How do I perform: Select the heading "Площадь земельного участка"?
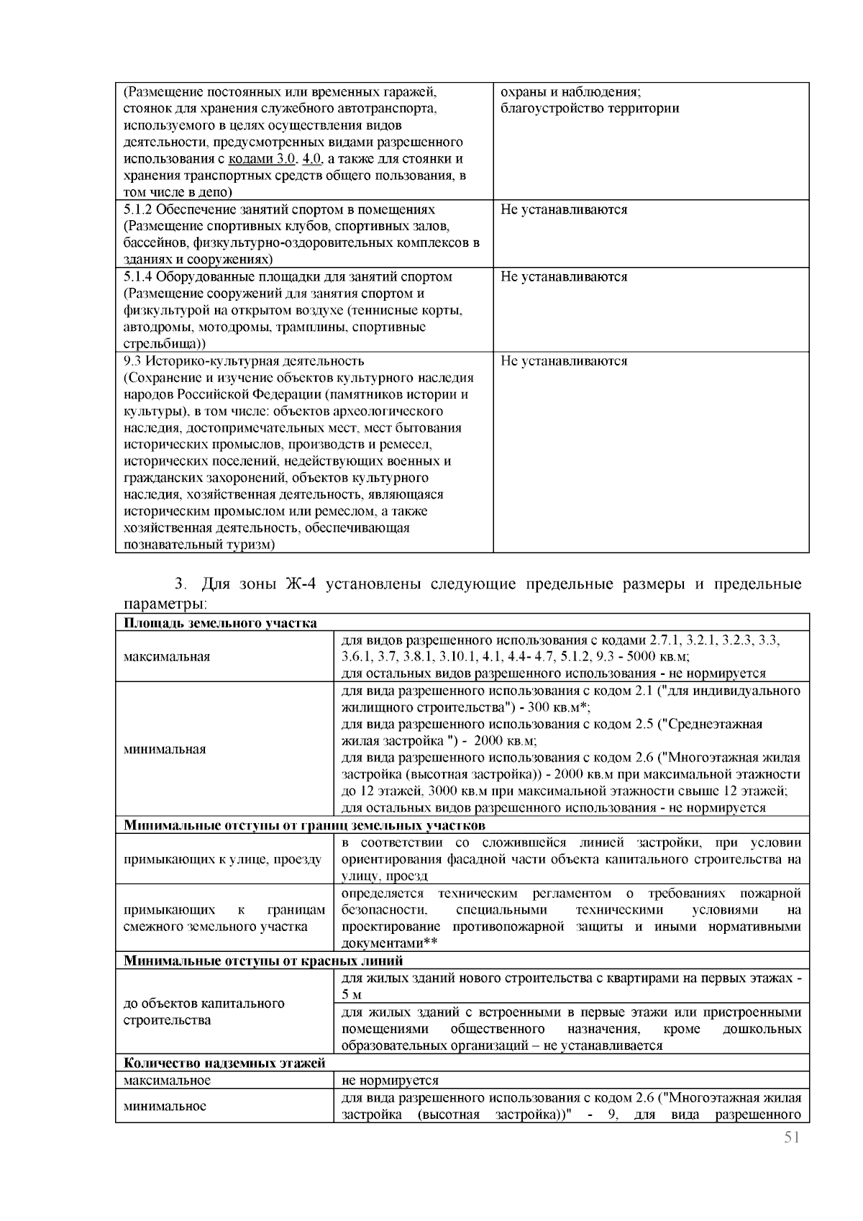(220, 623)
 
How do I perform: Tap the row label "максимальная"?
(167, 656)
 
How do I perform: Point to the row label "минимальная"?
(165, 749)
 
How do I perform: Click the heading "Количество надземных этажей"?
(224, 1063)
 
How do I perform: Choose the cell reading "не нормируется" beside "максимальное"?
(390, 1080)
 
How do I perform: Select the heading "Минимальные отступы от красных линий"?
(263, 961)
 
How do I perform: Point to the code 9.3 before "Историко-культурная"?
(131, 360)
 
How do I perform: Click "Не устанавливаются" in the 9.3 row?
(564, 360)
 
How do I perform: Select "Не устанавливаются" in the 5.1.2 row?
(564, 209)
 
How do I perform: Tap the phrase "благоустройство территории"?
(590, 109)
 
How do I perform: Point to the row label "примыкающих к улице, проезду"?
(222, 859)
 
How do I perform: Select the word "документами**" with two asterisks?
(389, 943)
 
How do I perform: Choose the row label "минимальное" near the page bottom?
(165, 1106)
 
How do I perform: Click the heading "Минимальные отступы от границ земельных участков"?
(304, 825)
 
